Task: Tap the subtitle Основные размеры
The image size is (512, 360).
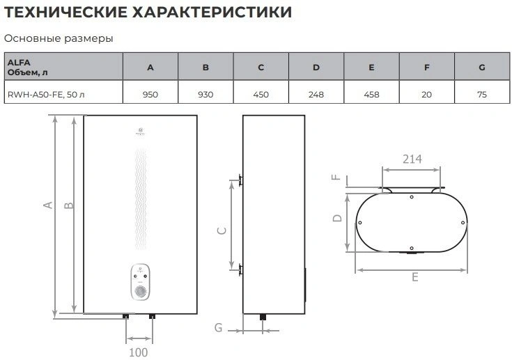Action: click(x=59, y=38)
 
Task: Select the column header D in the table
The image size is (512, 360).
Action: click(x=316, y=68)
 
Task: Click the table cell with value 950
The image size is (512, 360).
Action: click(x=150, y=93)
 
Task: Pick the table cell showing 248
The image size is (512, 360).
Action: click(x=316, y=93)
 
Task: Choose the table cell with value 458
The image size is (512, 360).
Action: click(x=371, y=93)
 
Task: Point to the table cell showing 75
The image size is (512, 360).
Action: click(x=481, y=93)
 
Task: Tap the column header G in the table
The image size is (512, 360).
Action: click(x=481, y=68)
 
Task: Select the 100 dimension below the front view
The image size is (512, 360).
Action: click(x=139, y=352)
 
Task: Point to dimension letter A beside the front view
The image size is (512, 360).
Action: click(x=48, y=205)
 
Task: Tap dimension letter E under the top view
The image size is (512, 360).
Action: click(x=414, y=277)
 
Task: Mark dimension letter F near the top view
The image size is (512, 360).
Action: click(x=336, y=177)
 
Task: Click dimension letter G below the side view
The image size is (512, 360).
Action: click(x=218, y=327)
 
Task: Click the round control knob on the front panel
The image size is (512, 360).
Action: click(x=142, y=291)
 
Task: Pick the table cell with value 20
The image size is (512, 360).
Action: click(x=426, y=93)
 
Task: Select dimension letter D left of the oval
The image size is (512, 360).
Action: click(x=336, y=218)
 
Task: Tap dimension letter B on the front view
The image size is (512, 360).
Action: click(x=68, y=205)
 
